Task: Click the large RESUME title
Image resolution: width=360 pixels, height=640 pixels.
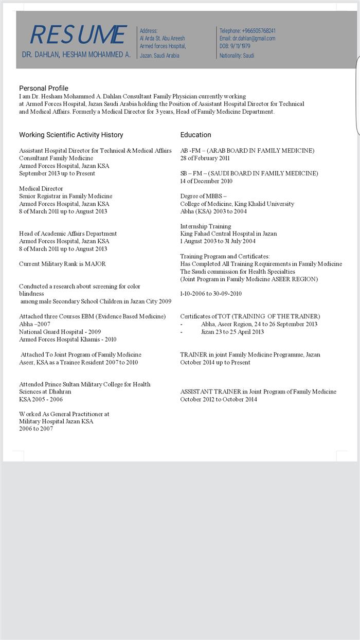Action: [x=78, y=35]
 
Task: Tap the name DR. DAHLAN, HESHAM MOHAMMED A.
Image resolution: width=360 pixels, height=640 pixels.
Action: [x=76, y=55]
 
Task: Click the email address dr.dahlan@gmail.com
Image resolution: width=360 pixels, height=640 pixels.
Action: [x=254, y=39]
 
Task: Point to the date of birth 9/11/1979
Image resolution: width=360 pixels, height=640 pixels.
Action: [x=240, y=46]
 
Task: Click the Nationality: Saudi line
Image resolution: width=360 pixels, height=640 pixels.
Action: [x=237, y=56]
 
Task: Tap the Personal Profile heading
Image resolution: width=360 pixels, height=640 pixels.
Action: [x=44, y=88]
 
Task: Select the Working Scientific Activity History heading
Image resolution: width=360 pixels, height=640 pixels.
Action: [x=71, y=135]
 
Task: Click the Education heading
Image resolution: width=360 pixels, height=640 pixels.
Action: [x=195, y=135]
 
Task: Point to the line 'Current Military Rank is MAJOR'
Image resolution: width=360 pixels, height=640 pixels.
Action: [x=62, y=264]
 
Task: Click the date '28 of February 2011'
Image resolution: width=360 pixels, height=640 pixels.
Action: [x=205, y=158]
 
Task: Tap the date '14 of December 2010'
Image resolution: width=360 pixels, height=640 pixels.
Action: [x=206, y=181]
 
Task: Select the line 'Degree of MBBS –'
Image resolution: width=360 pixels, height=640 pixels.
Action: [x=203, y=196]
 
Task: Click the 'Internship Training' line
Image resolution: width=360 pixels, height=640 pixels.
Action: [x=205, y=226]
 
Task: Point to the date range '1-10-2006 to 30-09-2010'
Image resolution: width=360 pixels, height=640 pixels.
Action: [x=211, y=294]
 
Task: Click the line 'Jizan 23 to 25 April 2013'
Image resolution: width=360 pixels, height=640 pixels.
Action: [x=232, y=332]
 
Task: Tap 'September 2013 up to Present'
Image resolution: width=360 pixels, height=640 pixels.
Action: [x=57, y=173]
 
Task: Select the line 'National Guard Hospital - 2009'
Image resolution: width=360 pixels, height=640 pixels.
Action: [x=60, y=332]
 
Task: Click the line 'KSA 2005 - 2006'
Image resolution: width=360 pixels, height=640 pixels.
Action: [x=41, y=399]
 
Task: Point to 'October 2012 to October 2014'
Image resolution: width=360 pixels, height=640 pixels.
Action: [x=219, y=399]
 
